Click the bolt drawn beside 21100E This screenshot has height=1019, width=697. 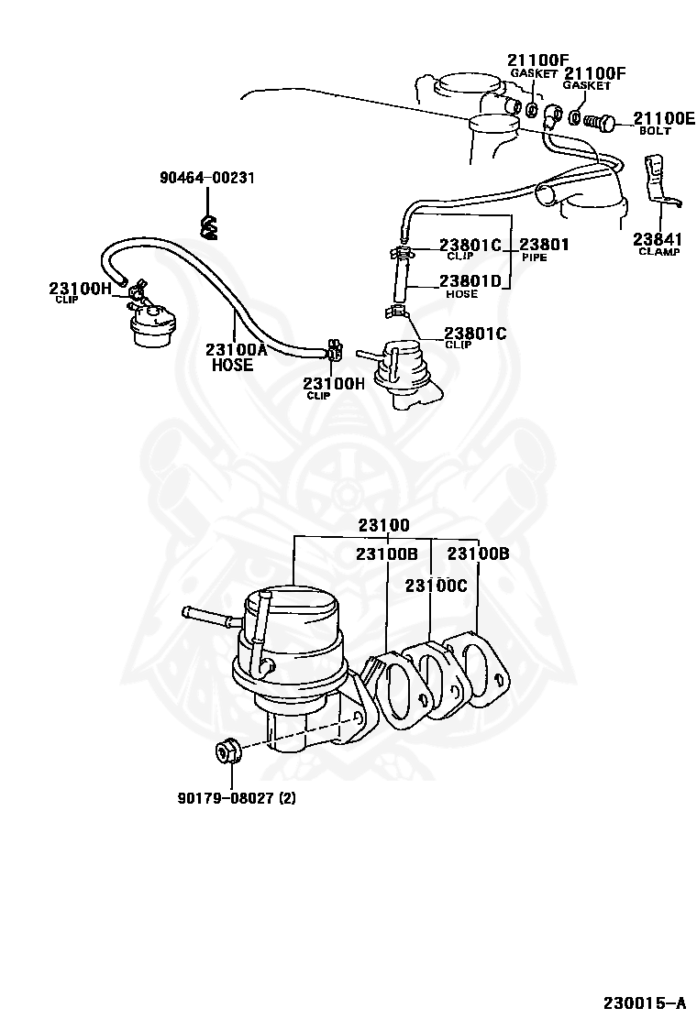coord(604,120)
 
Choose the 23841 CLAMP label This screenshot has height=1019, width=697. coord(658,244)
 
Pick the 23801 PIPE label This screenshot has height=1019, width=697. coord(544,249)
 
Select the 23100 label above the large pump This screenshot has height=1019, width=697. coord(383,525)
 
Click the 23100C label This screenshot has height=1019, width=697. coord(437,585)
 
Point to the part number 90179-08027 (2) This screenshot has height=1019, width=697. coord(237,796)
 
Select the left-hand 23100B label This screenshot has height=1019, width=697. coord(386,553)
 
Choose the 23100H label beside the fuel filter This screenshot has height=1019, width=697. coord(80,292)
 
